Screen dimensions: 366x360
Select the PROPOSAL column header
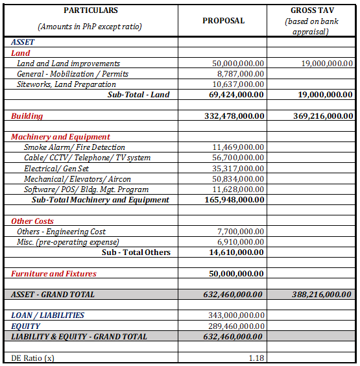(x=224, y=21)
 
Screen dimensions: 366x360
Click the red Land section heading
(x=21, y=53)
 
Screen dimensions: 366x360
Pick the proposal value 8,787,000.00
(x=238, y=74)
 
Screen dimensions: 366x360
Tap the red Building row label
(x=27, y=116)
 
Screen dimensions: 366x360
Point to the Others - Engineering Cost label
(x=61, y=232)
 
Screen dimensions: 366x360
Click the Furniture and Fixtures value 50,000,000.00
(x=236, y=274)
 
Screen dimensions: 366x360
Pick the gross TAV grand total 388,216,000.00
(x=320, y=295)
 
